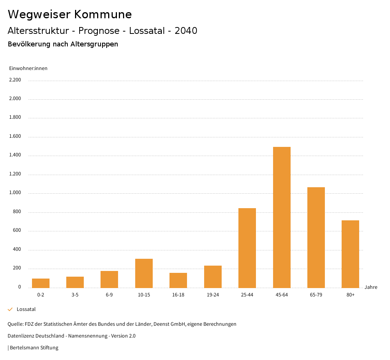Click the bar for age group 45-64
(281, 217)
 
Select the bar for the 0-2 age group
(41, 283)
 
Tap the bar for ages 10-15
(144, 273)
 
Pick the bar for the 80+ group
(350, 254)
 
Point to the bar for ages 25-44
(247, 248)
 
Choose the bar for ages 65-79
(316, 237)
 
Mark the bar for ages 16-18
(178, 280)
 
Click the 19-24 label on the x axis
(213, 295)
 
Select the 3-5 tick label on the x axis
(75, 295)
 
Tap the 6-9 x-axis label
(109, 295)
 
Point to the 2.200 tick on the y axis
(15, 80)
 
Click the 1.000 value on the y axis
(15, 193)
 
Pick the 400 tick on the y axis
(17, 249)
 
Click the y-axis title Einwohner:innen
(28, 68)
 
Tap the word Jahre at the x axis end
(371, 287)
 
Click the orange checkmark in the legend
(10, 309)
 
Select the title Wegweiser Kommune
(70, 14)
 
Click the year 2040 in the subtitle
(186, 31)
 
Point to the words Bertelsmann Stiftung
(34, 347)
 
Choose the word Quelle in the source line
(15, 324)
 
